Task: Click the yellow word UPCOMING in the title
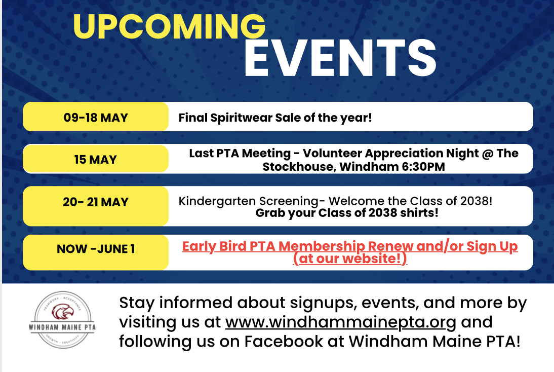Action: coord(169,26)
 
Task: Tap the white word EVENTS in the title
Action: coord(340,58)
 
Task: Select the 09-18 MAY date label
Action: coord(96,118)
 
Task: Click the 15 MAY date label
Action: coord(95,160)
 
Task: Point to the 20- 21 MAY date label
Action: coord(96,202)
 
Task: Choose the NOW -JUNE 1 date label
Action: coord(96,249)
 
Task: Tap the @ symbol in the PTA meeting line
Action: coord(488,154)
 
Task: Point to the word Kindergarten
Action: coord(217,201)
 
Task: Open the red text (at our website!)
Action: coord(350,258)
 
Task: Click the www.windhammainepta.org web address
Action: coord(341,322)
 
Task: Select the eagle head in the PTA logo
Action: coord(62,312)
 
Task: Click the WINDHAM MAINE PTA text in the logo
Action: coord(62,327)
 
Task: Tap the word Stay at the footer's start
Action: coord(137,304)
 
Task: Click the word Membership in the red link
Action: coord(322,246)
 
